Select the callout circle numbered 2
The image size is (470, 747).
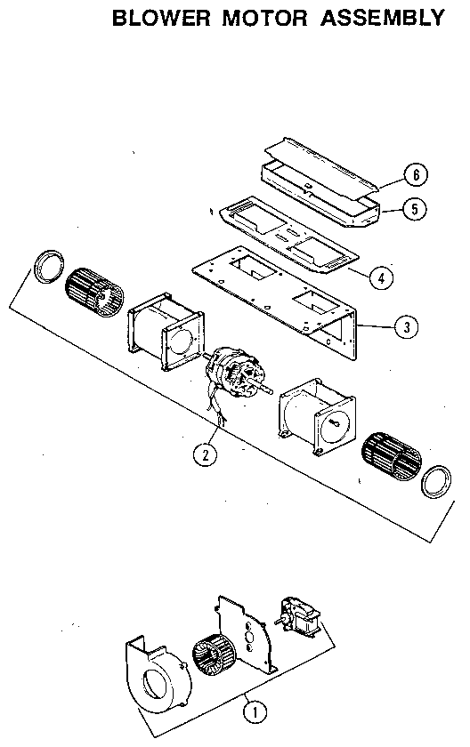coord(206,454)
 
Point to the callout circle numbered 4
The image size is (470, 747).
coord(380,277)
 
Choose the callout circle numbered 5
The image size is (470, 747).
coord(414,210)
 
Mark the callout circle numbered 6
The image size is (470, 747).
coord(414,174)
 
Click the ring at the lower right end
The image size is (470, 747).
coord(436,481)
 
